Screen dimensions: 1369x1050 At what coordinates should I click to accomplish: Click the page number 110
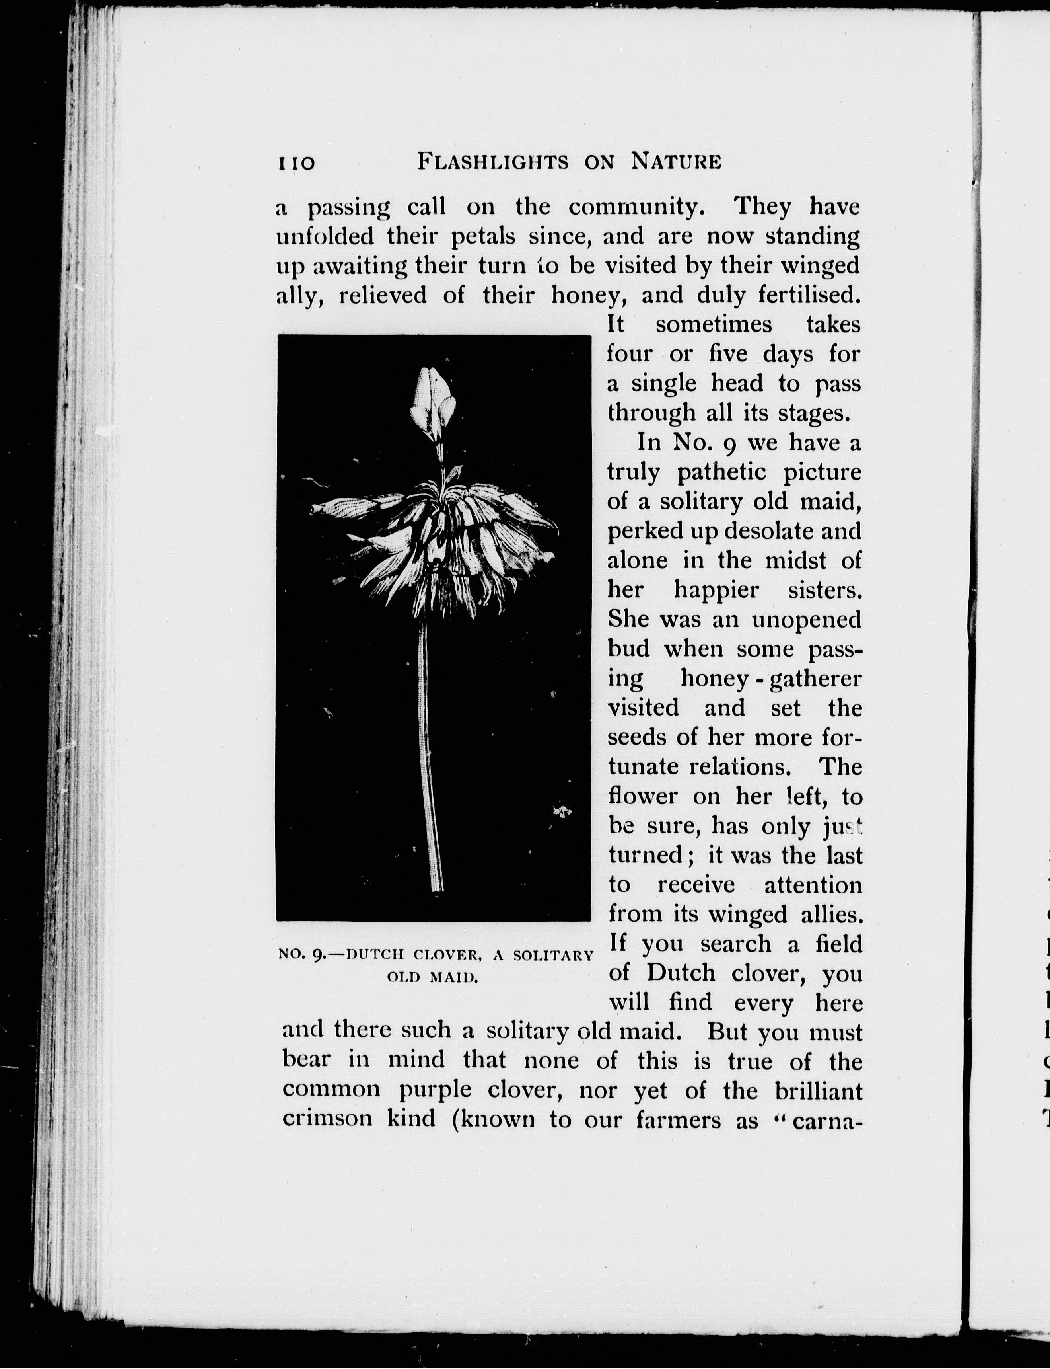pyautogui.click(x=296, y=163)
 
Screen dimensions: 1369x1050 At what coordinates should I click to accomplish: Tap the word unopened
pyautogui.click(x=806, y=619)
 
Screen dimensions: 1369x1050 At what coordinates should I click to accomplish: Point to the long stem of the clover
pyautogui.click(x=430, y=751)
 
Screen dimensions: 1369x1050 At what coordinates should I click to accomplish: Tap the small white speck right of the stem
pyautogui.click(x=562, y=812)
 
